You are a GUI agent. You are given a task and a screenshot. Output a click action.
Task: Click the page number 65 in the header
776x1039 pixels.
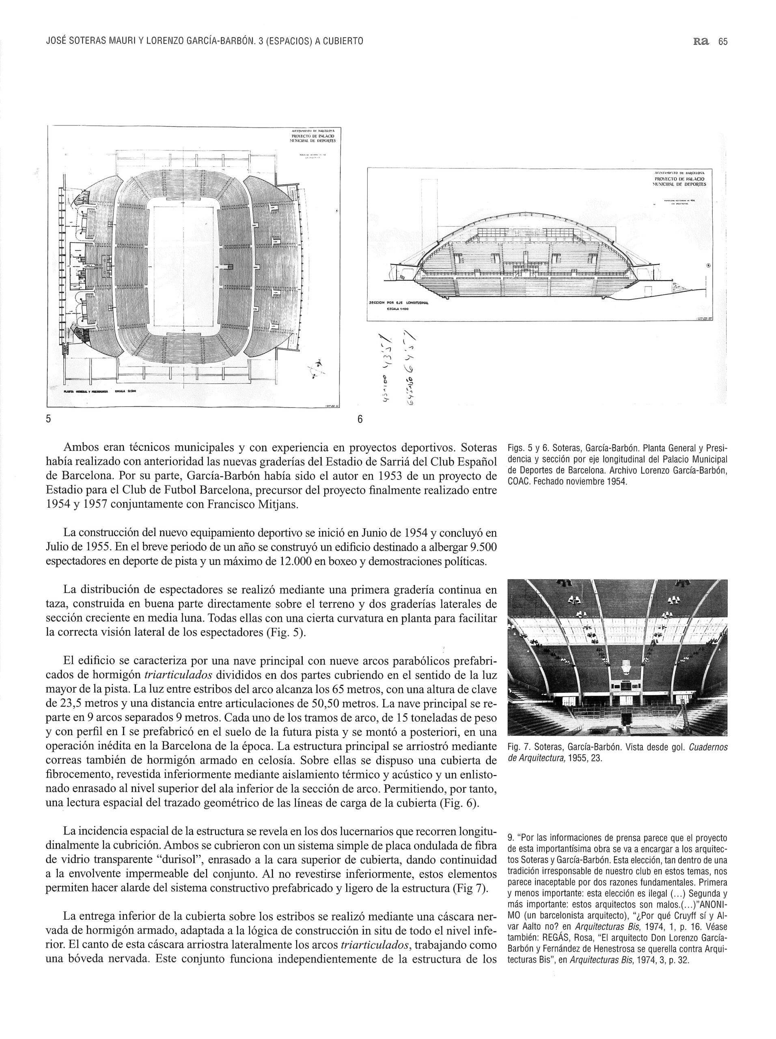pos(722,41)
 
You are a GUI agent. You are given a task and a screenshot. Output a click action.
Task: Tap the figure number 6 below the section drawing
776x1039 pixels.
pos(360,419)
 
